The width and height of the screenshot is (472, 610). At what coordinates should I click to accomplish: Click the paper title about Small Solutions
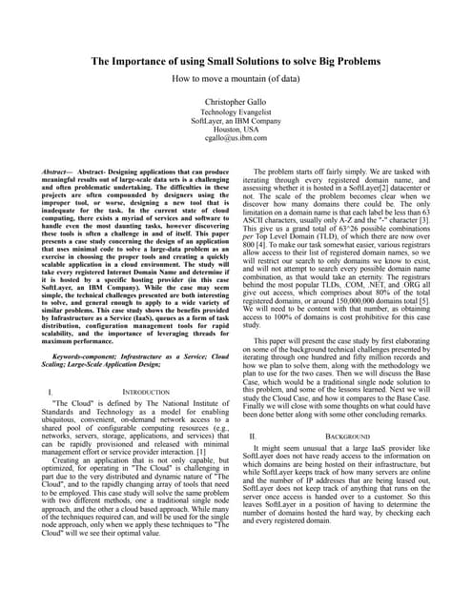[236, 61]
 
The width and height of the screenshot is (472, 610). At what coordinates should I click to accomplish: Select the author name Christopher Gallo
[236, 100]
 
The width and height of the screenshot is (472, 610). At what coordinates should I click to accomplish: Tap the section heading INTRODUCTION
[143, 418]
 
